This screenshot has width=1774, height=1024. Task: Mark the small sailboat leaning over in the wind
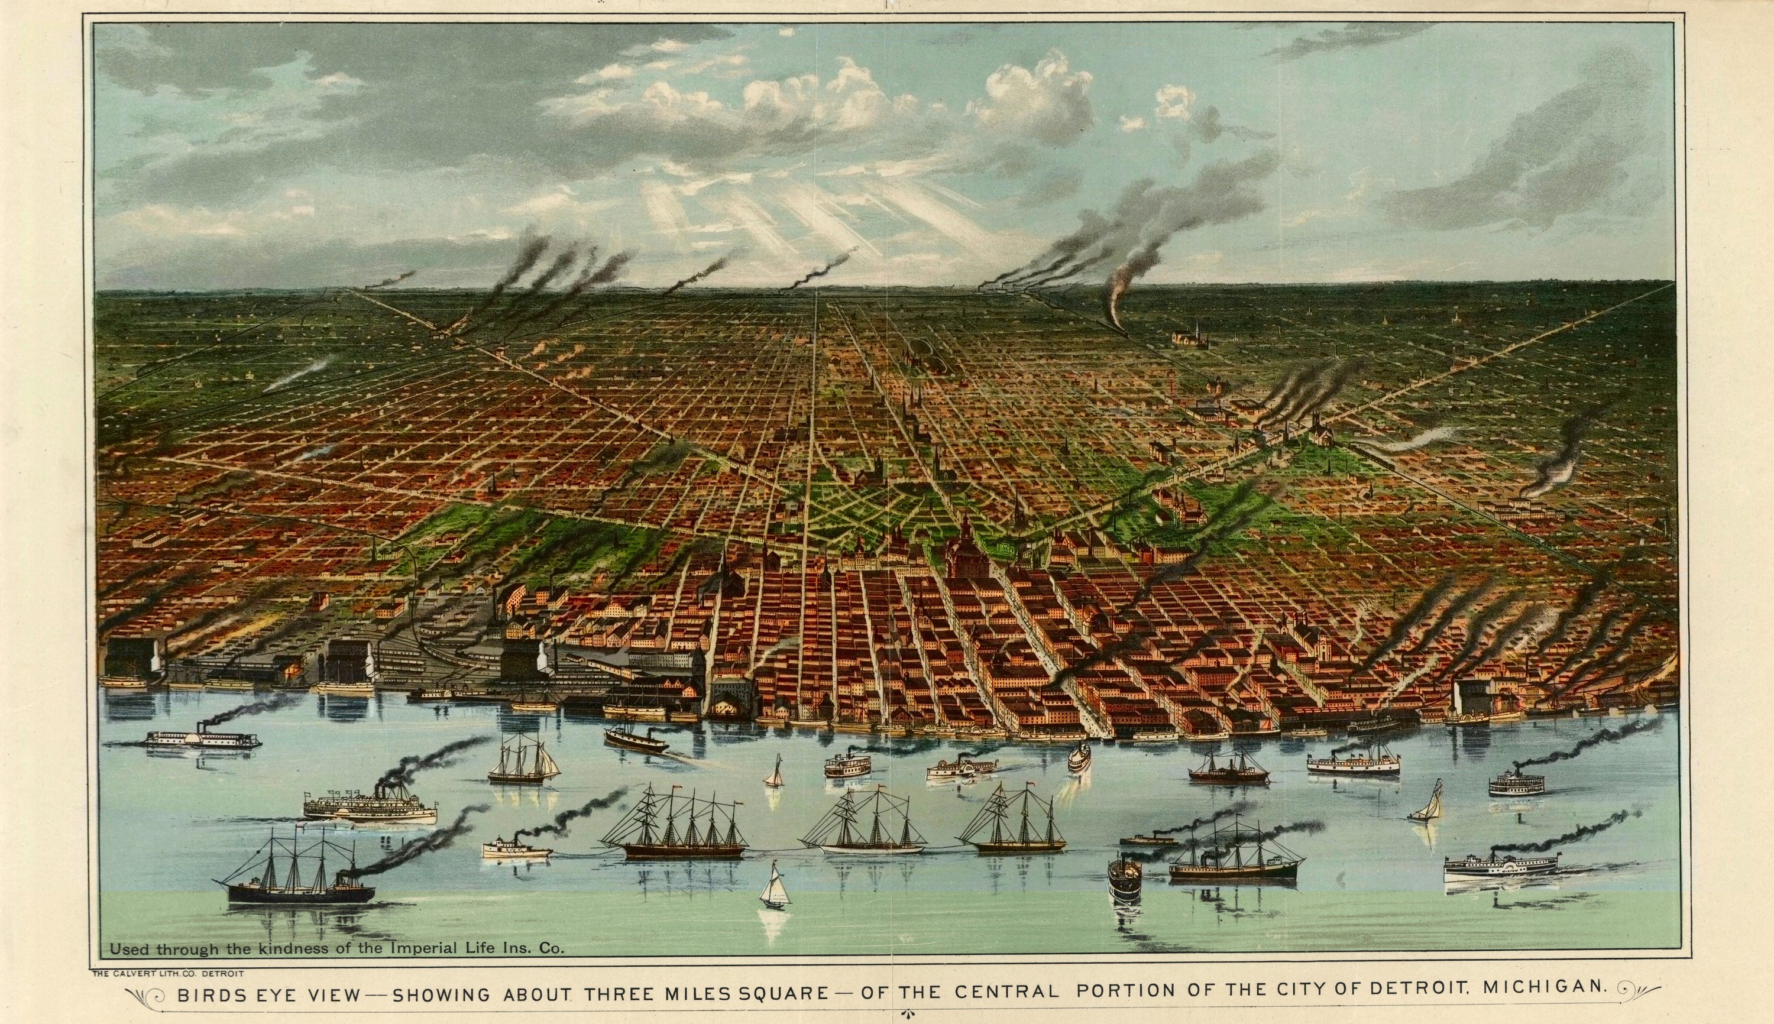click(1426, 803)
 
